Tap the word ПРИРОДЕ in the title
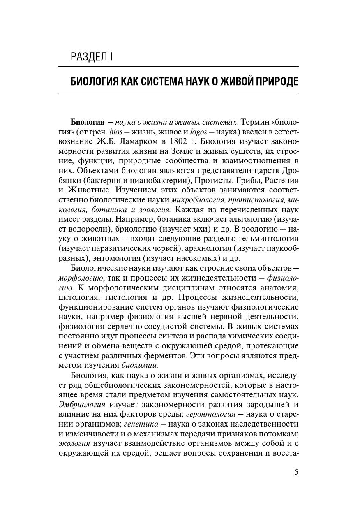click(273, 81)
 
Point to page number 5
click(296, 472)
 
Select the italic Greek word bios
click(111, 132)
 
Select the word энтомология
click(116, 258)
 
